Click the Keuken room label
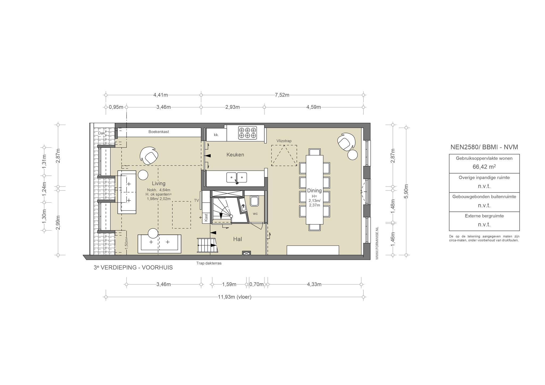(x=235, y=155)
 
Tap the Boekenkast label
(x=159, y=132)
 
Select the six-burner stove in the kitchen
(x=247, y=133)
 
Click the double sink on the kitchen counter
(x=237, y=178)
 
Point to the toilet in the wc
(x=254, y=201)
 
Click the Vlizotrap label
(x=284, y=141)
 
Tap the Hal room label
(x=237, y=239)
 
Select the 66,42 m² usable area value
(x=484, y=167)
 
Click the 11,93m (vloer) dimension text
(x=234, y=297)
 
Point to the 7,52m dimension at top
(x=282, y=95)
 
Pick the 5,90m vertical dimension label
(x=406, y=191)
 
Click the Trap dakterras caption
(x=209, y=263)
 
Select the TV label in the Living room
(x=196, y=200)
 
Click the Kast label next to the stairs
(x=206, y=217)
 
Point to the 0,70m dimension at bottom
(x=256, y=284)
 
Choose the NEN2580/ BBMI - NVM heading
(x=484, y=147)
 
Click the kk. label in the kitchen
(x=216, y=135)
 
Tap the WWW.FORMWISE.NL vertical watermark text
(x=377, y=243)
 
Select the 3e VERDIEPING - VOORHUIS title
(x=133, y=267)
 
